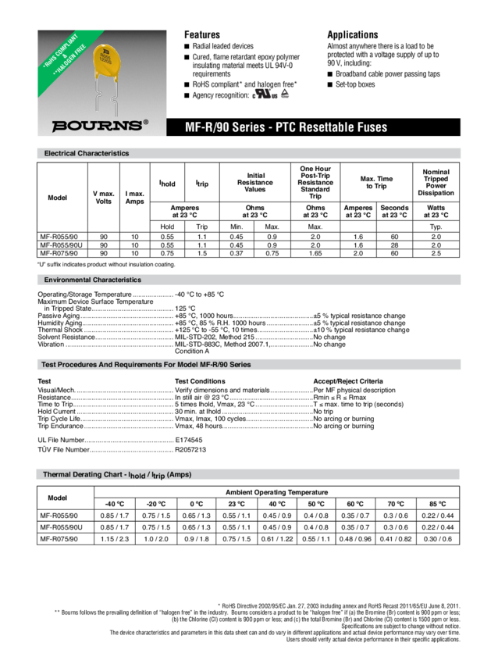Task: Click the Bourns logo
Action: coord(98,125)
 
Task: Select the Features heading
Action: coord(201,35)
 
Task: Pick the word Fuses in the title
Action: coord(369,127)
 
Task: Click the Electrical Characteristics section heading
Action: coord(87,153)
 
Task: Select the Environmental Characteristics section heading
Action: coord(93,279)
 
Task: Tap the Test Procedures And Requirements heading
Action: coord(145,364)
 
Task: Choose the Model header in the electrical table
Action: coord(57,198)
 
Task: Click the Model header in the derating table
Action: coord(57,498)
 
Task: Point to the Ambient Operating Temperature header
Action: coord(278,491)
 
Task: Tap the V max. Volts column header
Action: coord(104,198)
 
